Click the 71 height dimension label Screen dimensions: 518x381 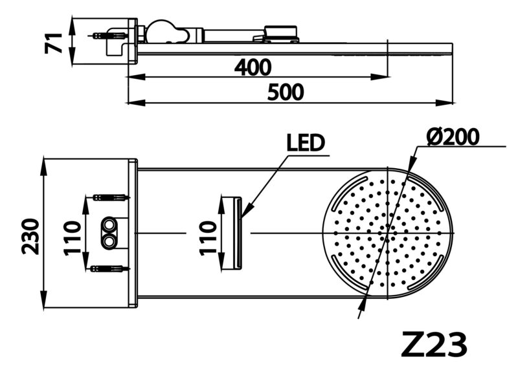point(54,43)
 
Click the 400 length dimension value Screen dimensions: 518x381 point(253,67)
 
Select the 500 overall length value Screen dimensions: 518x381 point(286,92)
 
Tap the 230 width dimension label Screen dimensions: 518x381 point(30,236)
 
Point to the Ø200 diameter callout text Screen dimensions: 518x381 point(453,136)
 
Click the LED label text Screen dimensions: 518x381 point(306,142)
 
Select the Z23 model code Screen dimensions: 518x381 point(434,345)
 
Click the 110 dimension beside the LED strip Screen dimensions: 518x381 point(208,239)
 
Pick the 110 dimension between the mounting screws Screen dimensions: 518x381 point(73,239)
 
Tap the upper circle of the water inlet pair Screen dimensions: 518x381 point(108,225)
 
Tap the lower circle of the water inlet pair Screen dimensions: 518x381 point(108,242)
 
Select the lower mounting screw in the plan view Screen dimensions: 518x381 point(107,268)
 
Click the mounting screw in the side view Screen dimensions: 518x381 point(108,35)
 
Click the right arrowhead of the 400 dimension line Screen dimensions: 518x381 point(380,77)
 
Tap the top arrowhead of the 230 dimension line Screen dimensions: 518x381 point(44,168)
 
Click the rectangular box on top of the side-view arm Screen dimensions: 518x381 point(281,31)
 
